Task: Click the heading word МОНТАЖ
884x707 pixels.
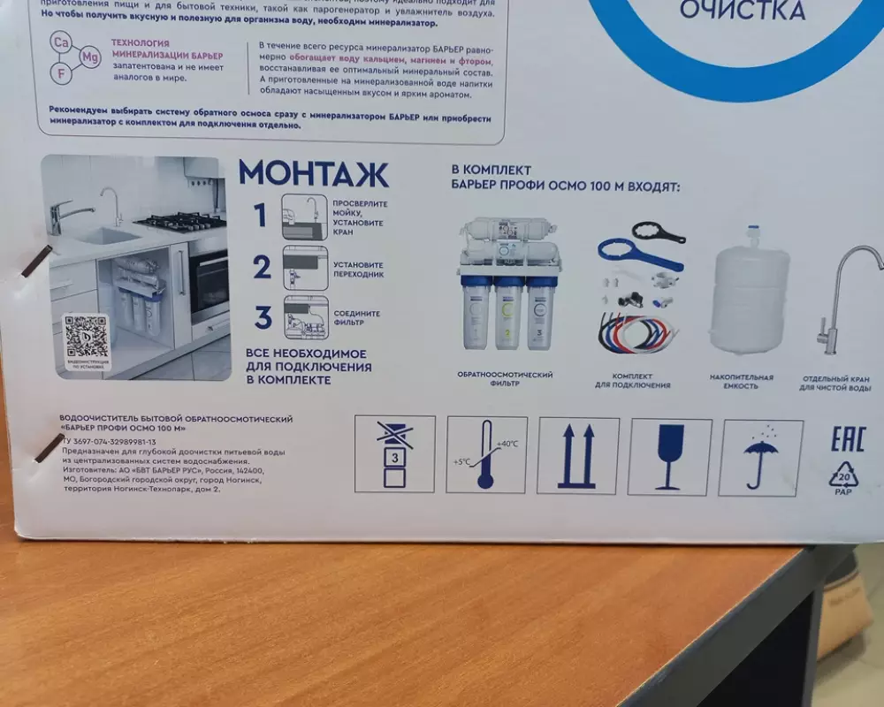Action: click(313, 172)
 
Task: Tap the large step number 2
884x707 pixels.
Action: click(262, 266)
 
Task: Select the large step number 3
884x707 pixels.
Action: click(263, 316)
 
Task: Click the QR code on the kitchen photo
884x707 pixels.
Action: click(86, 338)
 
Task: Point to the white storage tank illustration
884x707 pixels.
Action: click(750, 300)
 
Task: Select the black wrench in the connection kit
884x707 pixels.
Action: click(659, 232)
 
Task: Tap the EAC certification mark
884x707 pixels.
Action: click(846, 439)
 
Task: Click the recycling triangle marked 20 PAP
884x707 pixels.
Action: click(844, 476)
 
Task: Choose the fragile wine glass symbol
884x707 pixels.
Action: click(669, 456)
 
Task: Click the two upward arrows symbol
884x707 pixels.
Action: click(577, 456)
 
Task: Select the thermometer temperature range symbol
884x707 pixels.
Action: click(485, 455)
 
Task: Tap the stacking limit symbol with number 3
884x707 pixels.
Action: click(394, 454)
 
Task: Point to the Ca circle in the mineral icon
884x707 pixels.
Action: click(61, 42)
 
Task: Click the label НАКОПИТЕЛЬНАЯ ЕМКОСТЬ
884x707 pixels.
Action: click(741, 381)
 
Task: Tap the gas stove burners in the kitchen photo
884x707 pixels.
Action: click(180, 220)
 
